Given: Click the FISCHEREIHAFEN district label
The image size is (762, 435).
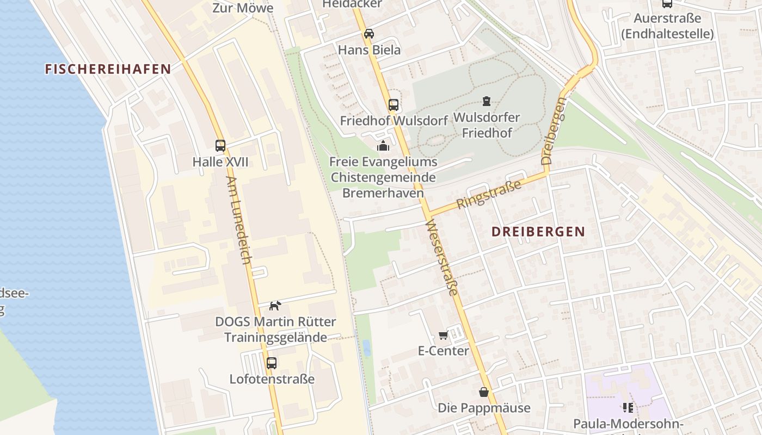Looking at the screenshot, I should tap(108, 69).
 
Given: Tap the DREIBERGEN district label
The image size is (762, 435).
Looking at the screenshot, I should tap(538, 231).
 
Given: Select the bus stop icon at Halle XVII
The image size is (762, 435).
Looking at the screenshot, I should tap(220, 146).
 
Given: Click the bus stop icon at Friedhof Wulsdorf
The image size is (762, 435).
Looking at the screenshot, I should tap(394, 105).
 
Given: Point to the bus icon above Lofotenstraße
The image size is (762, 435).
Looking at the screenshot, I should tap(272, 363).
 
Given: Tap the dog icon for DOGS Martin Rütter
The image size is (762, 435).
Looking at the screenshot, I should tap(275, 306).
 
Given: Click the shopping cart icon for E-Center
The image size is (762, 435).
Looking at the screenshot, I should tap(443, 335).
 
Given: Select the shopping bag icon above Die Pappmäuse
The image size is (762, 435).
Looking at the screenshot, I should tap(484, 392).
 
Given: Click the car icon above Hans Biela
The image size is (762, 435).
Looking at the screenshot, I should tap(369, 34).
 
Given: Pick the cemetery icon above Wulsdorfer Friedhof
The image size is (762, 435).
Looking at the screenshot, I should tap(487, 101).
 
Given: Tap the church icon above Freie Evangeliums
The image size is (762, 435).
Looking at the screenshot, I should tap(383, 146).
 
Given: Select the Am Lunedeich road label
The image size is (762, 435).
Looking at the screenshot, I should tap(239, 220).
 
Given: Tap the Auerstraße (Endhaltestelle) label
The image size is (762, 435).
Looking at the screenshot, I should tap(667, 26).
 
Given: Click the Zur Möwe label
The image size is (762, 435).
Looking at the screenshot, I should tap(243, 8).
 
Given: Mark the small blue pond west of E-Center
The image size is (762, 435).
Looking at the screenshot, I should tap(367, 348).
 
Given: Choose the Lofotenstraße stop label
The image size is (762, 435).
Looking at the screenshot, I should tap(272, 379).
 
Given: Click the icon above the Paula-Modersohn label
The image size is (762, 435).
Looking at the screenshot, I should tap(628, 407).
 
